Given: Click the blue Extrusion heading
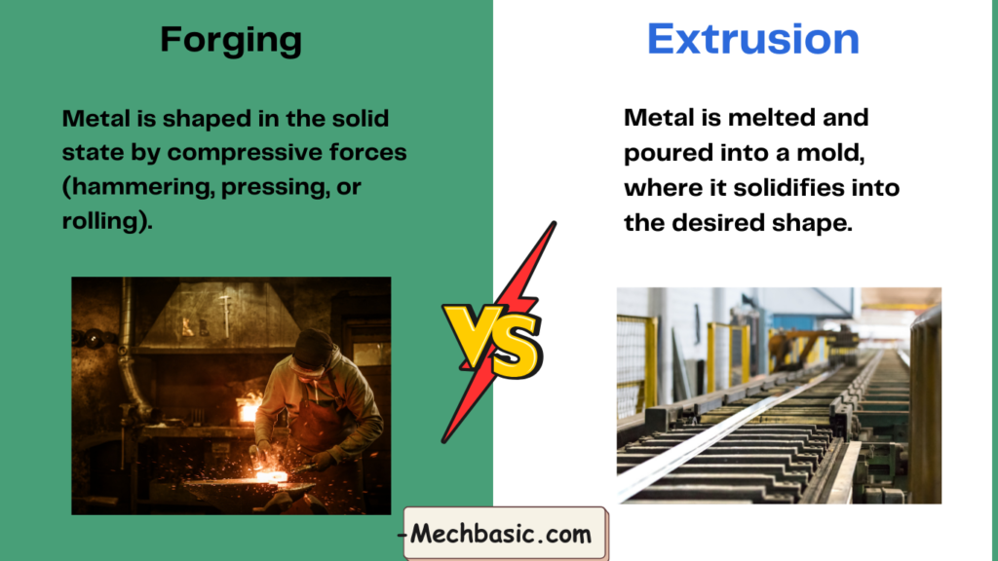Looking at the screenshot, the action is [753, 39].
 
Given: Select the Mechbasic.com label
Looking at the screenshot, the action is [501, 534].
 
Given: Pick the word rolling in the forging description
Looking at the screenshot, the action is [100, 220].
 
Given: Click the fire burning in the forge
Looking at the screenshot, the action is [249, 407].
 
